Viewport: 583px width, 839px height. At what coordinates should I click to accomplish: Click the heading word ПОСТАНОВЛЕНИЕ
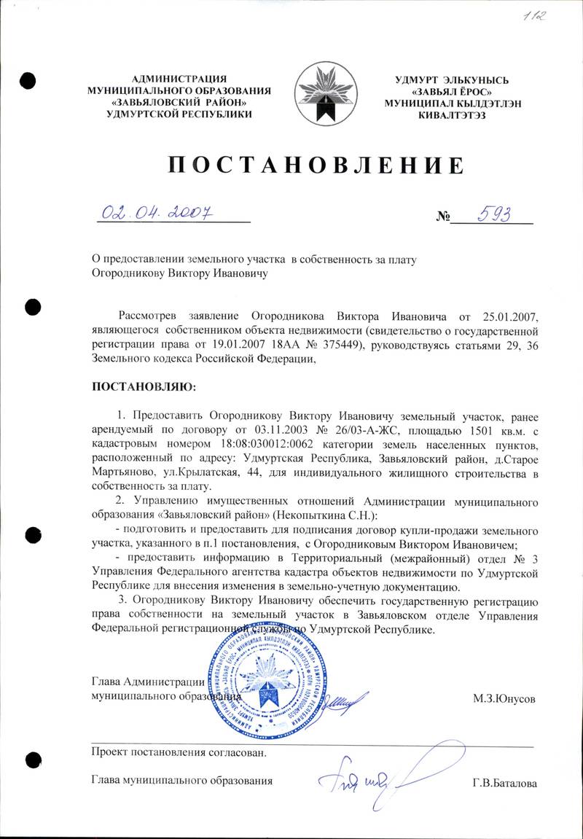(316, 165)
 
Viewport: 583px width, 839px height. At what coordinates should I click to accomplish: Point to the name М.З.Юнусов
(504, 699)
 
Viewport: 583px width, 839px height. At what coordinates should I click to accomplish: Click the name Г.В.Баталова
(504, 784)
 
